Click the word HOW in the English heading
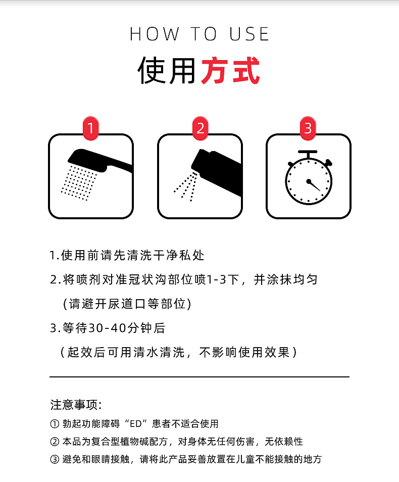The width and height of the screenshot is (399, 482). [x=155, y=34]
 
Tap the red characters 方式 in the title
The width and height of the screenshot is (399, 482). [x=230, y=71]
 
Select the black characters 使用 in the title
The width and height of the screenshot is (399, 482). [x=167, y=71]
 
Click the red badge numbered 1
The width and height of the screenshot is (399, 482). [x=91, y=128]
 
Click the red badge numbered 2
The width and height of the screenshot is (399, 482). [x=200, y=128]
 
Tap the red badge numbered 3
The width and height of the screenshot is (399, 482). [x=308, y=128]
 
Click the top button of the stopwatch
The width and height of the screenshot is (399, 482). [x=308, y=153]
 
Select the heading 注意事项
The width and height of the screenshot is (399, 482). [x=75, y=405]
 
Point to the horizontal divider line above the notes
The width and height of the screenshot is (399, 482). [x=199, y=377]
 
